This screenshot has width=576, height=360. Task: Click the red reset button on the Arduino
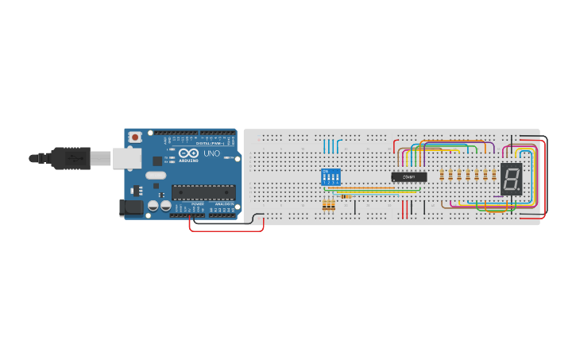point(135,137)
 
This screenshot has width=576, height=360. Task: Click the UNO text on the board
point(212,153)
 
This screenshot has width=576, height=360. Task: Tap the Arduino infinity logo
point(189,153)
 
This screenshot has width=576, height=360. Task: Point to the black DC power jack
point(131,207)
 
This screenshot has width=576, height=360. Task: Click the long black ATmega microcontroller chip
point(203,192)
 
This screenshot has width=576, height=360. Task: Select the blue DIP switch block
point(330,176)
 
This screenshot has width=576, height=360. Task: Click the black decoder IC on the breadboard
point(408,176)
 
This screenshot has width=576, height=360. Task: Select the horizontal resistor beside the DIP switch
point(346,196)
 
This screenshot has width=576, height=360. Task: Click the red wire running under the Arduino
point(226,230)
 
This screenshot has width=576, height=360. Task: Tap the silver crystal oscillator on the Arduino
point(156,175)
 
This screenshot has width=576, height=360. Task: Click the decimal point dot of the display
point(520,191)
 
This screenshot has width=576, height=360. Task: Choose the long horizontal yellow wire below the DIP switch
point(365,188)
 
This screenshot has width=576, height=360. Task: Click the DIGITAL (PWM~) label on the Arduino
point(208,142)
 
